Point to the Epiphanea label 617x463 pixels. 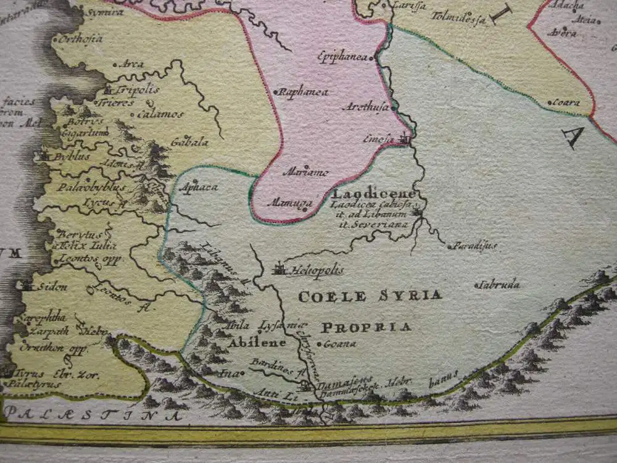[342, 56]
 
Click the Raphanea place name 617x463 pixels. [304, 93]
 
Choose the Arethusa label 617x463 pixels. [365, 107]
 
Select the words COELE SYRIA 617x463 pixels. [370, 296]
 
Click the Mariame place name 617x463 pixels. [305, 172]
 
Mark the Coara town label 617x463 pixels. [566, 102]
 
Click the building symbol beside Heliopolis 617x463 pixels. [279, 269]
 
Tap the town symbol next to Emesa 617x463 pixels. [405, 139]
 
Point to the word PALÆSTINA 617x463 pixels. [93, 415]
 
